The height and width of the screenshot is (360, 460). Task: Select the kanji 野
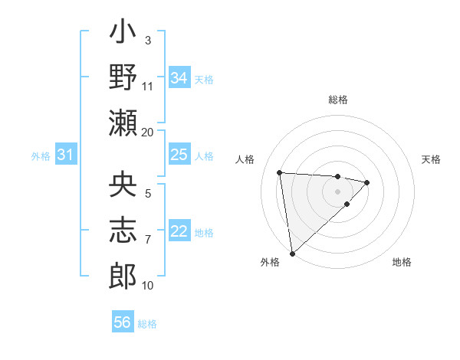pos(123,78)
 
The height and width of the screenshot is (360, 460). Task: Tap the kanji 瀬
pos(123,123)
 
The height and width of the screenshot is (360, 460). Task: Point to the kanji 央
pos(123,185)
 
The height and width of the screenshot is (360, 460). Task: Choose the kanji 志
pos(123,230)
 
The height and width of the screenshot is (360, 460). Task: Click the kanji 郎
pos(123,274)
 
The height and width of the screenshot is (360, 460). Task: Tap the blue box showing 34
pos(179,78)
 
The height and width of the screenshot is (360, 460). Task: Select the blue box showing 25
pos(179,155)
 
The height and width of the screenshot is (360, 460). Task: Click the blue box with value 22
pos(179,232)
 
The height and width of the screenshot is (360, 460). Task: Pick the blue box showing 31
pos(66,155)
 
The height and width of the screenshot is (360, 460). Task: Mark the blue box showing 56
pos(123,322)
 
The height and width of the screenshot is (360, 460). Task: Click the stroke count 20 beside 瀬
pos(148,132)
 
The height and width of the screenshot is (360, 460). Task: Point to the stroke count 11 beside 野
pos(148,86)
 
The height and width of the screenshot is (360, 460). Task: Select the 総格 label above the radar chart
pos(337,100)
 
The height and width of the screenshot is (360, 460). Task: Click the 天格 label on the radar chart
pos(431,159)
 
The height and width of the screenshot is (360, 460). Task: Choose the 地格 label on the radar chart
pos(402,262)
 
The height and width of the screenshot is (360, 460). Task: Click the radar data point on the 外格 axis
pos(291,253)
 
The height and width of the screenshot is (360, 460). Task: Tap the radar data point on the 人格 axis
pos(280,172)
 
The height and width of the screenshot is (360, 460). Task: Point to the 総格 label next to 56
pos(147,323)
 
